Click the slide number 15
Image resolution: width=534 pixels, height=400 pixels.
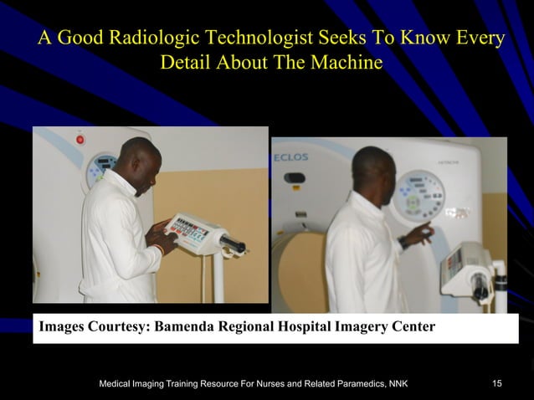click(x=497, y=384)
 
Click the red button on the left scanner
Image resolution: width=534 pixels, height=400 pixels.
click(x=80, y=140)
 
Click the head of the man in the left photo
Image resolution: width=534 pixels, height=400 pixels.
click(x=135, y=160)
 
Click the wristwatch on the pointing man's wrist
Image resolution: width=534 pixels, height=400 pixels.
click(x=404, y=242)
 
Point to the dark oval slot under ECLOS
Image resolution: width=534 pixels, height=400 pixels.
click(x=295, y=177)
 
